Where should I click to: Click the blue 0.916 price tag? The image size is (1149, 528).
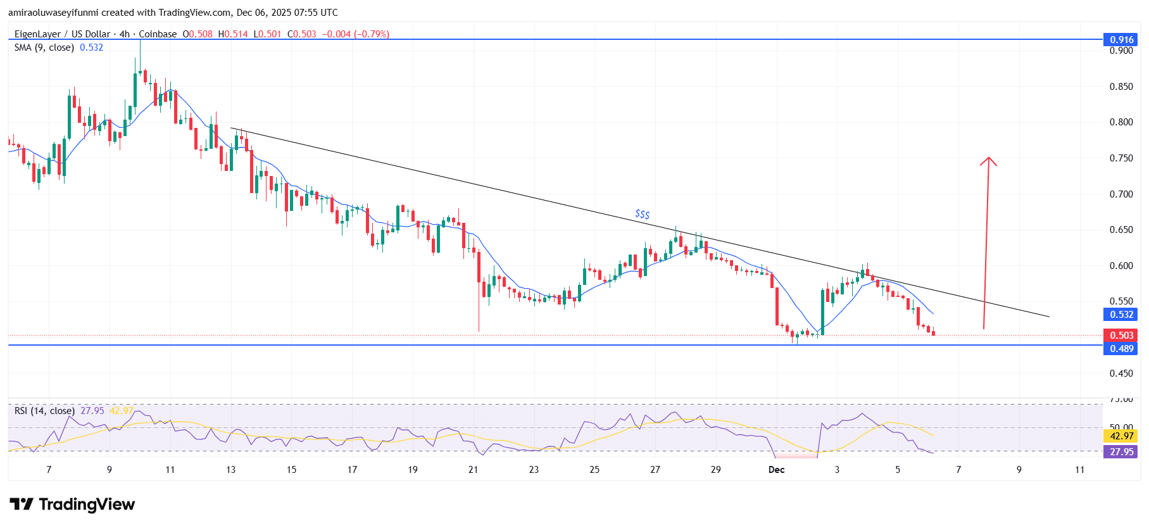(x=1121, y=40)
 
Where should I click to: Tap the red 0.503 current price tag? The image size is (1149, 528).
(x=1121, y=335)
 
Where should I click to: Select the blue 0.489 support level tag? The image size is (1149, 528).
(x=1121, y=348)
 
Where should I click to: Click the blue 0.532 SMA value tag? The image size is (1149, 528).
(x=1121, y=315)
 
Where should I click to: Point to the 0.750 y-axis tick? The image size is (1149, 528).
(x=1121, y=158)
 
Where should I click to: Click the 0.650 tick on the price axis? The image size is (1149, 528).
(x=1121, y=230)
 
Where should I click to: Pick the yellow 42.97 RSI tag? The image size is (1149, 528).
(x=1121, y=436)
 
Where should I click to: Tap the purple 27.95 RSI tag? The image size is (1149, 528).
(x=1121, y=451)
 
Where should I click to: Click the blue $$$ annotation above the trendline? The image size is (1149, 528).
(x=642, y=215)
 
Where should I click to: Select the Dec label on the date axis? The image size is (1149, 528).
(x=776, y=470)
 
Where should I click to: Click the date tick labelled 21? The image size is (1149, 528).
(x=473, y=470)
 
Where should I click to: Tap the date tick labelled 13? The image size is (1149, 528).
(x=230, y=470)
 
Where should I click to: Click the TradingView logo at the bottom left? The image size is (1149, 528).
(x=72, y=504)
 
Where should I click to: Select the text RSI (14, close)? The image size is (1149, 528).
(x=44, y=411)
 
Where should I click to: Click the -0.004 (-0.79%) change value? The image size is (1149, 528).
(x=356, y=34)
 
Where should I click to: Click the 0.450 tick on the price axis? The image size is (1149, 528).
(x=1121, y=374)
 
